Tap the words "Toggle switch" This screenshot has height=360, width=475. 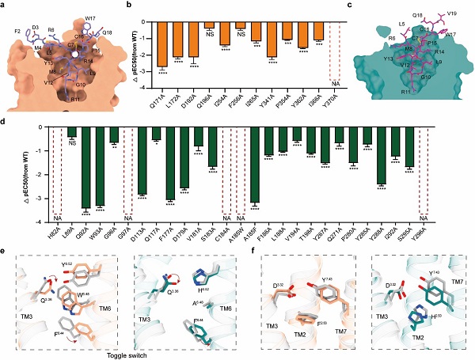[127, 354]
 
